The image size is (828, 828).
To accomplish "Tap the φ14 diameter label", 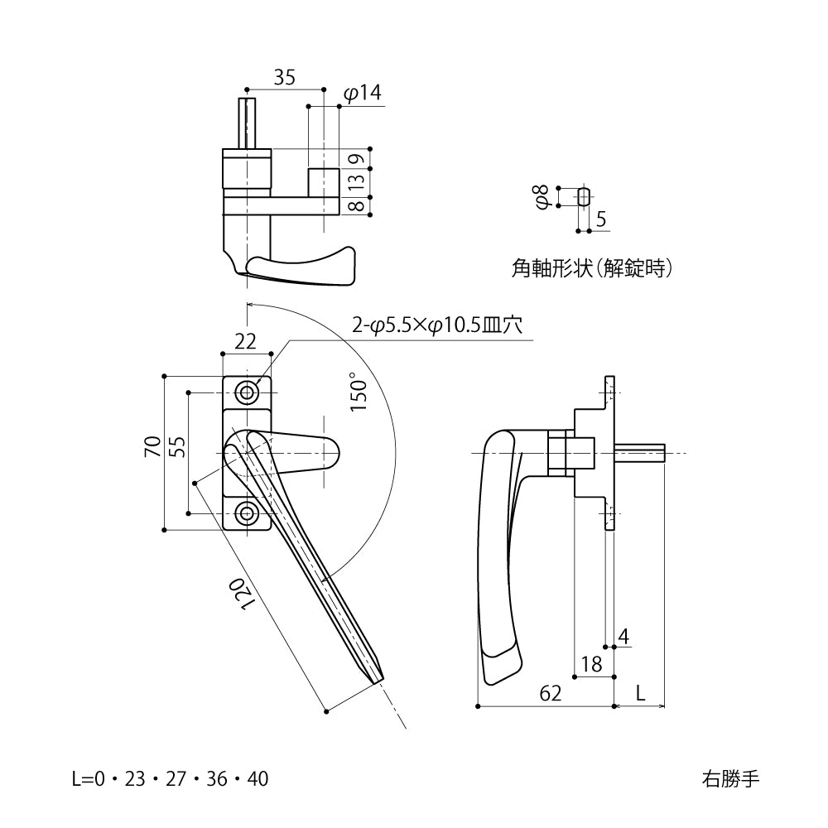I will click(x=362, y=94).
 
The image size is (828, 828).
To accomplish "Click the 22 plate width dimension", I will click(x=245, y=340).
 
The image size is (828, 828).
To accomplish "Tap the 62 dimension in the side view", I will click(x=550, y=693).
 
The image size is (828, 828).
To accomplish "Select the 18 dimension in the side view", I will click(x=591, y=664).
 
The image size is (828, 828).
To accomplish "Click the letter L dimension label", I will click(x=641, y=693).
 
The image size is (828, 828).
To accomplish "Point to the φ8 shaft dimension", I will click(x=543, y=197).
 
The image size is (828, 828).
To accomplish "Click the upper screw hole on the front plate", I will click(x=246, y=392).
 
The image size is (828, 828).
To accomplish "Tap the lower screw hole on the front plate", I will click(x=246, y=514).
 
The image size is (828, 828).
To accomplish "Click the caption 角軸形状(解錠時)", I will click(x=591, y=268).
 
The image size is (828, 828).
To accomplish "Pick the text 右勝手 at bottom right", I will click(x=729, y=779).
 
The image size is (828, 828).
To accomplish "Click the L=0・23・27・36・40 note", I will click(x=170, y=779).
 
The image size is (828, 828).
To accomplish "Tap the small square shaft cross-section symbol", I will click(x=584, y=197).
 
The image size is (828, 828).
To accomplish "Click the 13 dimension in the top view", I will click(x=354, y=181).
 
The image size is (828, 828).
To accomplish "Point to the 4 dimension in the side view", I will click(x=623, y=636).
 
